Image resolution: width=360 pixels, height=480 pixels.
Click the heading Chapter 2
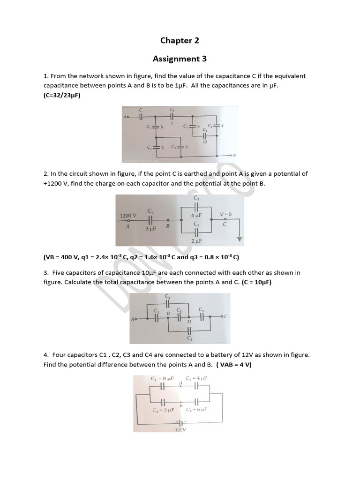point(180,41)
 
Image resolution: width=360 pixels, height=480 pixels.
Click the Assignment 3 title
point(180,59)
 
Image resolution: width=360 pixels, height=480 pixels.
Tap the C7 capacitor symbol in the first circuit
point(172,116)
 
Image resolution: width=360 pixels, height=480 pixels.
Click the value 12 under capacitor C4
point(205,142)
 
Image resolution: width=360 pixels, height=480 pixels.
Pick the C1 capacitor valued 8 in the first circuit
point(156,127)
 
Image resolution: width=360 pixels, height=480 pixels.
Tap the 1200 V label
point(128,216)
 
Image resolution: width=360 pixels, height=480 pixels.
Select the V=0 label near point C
point(225,214)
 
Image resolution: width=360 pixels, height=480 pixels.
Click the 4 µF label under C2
point(196,215)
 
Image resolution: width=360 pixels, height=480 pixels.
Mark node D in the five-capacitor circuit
point(189,322)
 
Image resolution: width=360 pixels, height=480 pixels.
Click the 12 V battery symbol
point(181,422)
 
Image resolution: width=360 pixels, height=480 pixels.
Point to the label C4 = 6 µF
point(196,409)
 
